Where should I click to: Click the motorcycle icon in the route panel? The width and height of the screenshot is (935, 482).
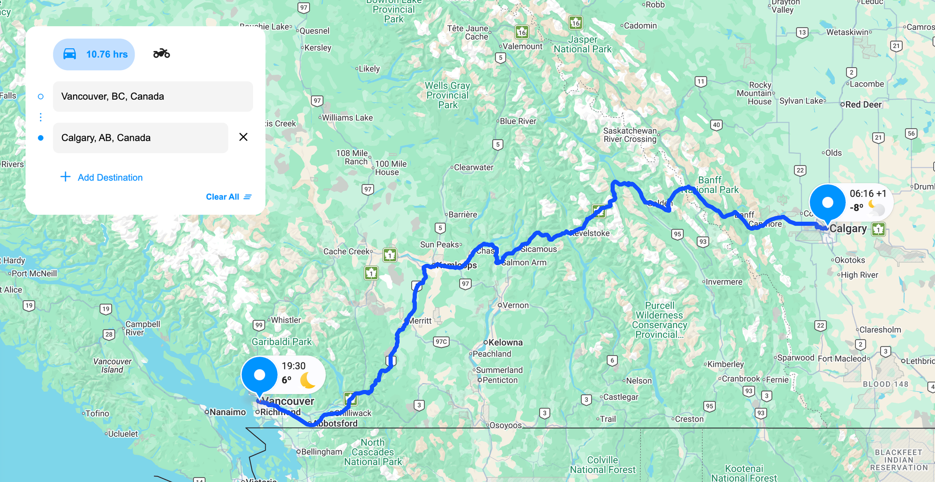(161, 54)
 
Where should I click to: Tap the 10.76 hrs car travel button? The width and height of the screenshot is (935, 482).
(94, 54)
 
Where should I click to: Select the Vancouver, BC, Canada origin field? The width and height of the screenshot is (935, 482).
(153, 96)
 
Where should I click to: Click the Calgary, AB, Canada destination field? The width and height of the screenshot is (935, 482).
(140, 138)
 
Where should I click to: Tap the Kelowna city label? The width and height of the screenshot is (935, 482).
(505, 343)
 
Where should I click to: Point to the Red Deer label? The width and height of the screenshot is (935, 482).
(863, 105)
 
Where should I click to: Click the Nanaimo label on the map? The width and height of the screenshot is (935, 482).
(227, 412)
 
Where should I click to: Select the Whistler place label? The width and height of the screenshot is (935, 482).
(286, 320)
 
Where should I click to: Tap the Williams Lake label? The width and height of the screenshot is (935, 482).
(347, 118)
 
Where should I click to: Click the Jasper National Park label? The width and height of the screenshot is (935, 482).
(583, 44)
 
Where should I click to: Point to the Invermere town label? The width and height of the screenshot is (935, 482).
(724, 282)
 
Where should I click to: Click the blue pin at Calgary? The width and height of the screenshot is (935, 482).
(827, 203)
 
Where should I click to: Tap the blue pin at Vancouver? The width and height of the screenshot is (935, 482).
(259, 375)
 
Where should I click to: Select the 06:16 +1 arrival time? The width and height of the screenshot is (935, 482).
(868, 194)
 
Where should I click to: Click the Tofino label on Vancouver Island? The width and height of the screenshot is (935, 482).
(97, 414)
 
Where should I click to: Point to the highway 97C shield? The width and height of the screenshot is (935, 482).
(441, 342)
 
